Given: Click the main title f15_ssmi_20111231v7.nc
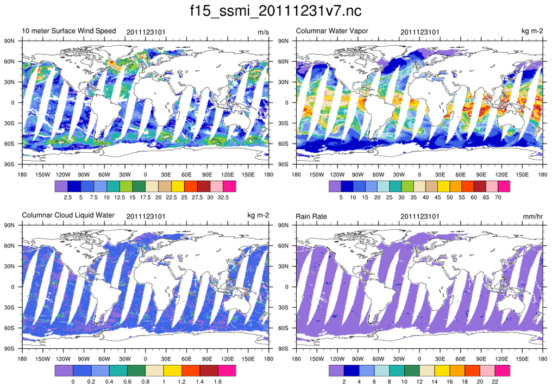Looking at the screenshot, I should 275,11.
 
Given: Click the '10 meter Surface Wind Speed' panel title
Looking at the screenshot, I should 68,31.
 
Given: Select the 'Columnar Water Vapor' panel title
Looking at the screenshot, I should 332,31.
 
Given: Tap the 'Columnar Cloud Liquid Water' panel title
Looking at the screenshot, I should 68,215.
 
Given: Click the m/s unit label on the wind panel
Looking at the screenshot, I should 263,32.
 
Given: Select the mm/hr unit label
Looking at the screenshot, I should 532,216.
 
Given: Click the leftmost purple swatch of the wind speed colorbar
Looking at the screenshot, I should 61,186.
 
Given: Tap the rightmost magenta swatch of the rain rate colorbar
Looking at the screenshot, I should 504,371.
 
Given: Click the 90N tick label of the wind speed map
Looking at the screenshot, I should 9,41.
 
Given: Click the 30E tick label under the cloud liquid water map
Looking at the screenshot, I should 166,359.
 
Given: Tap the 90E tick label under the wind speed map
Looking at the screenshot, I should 207,174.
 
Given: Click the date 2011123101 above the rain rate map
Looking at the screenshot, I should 420,216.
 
